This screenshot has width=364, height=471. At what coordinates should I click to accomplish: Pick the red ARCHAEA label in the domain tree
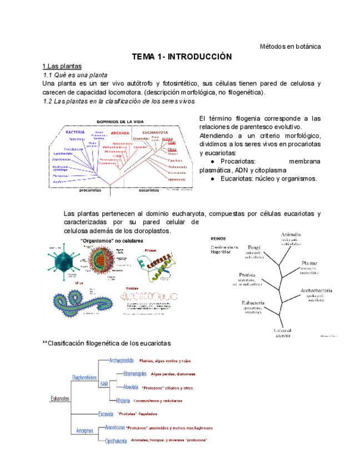tap(119, 133)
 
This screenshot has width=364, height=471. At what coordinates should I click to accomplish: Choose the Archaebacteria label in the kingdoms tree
tap(316, 290)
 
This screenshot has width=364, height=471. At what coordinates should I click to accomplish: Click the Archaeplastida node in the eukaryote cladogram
tap(122, 360)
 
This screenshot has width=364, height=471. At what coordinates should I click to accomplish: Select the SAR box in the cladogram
tap(104, 384)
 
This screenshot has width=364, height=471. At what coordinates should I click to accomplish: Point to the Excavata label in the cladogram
tap(106, 414)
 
